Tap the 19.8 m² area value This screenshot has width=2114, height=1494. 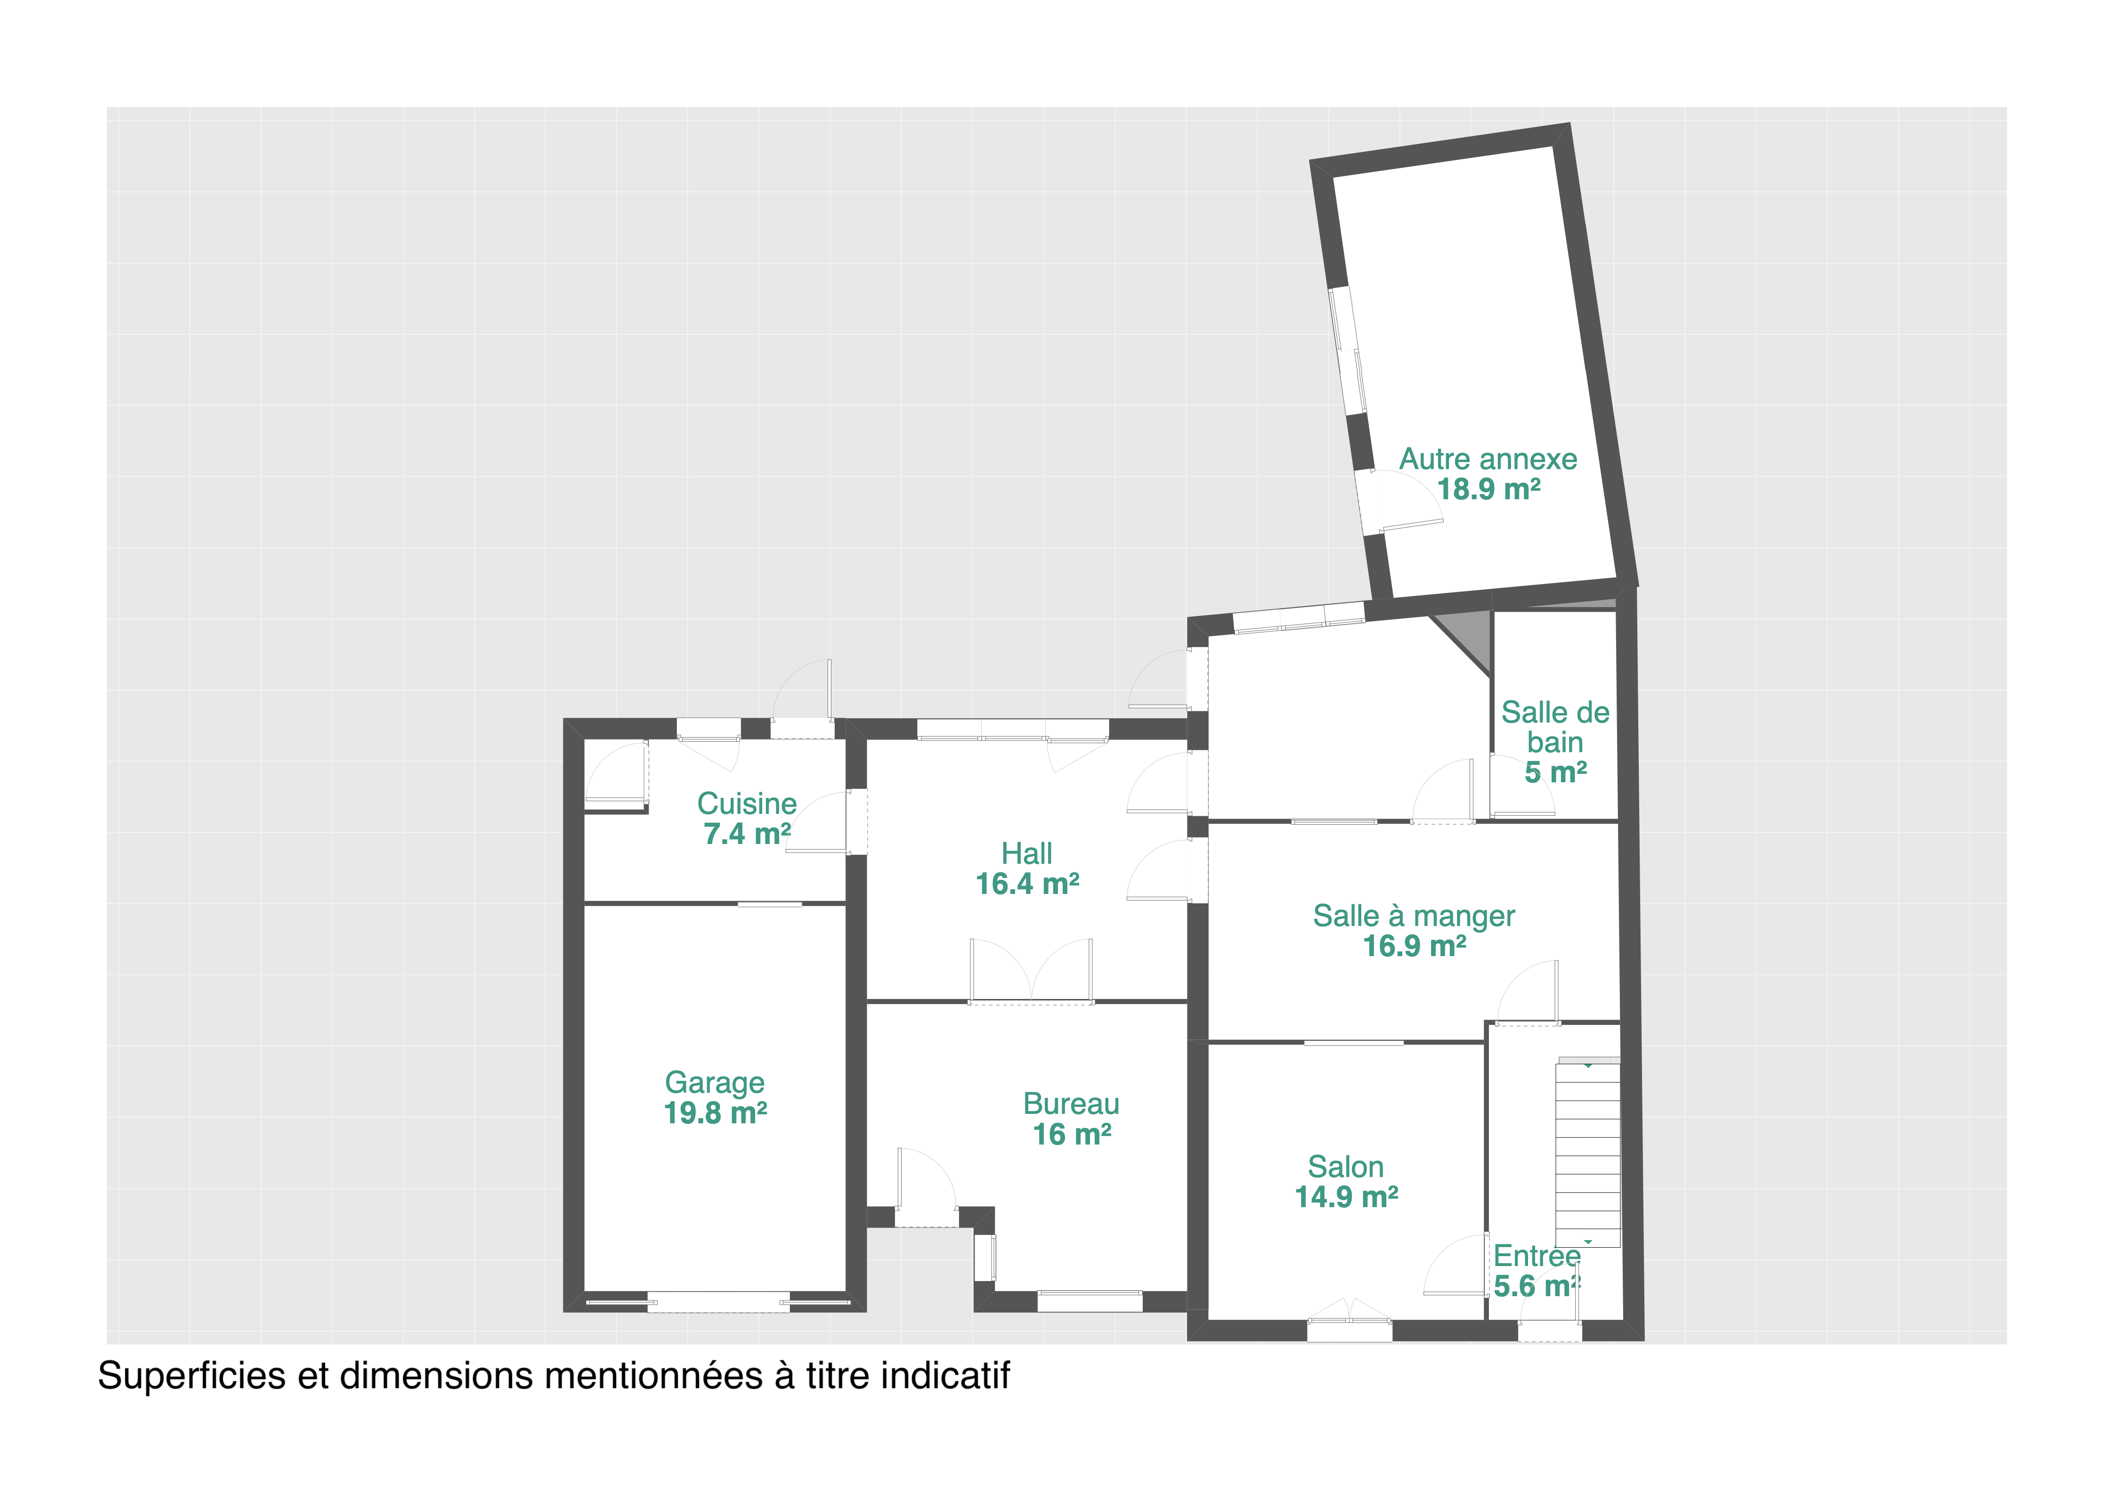(716, 1114)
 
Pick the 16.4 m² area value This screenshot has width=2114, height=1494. (1027, 885)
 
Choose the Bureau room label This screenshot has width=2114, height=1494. (1072, 1104)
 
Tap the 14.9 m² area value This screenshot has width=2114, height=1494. (1347, 1198)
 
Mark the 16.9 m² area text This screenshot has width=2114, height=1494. (1415, 946)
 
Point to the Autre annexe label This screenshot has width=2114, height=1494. (1489, 459)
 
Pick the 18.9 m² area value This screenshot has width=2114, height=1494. (1490, 490)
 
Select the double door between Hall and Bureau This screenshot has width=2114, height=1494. (1031, 971)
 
